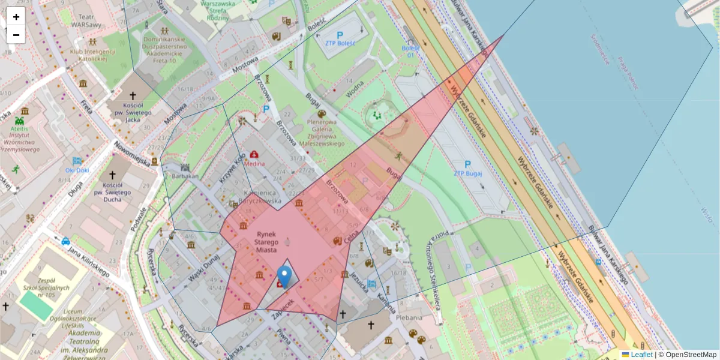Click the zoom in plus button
tap(16, 17)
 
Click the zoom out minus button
tap(16, 35)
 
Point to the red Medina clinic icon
tap(254, 154)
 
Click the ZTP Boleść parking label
tap(340, 43)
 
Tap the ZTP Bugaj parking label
tap(468, 173)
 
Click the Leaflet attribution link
tap(641, 355)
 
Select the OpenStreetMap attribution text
tap(691, 355)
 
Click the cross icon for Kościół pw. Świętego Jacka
tap(133, 95)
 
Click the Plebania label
tap(409, 317)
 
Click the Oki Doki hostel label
tap(77, 170)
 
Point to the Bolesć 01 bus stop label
tap(410, 51)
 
